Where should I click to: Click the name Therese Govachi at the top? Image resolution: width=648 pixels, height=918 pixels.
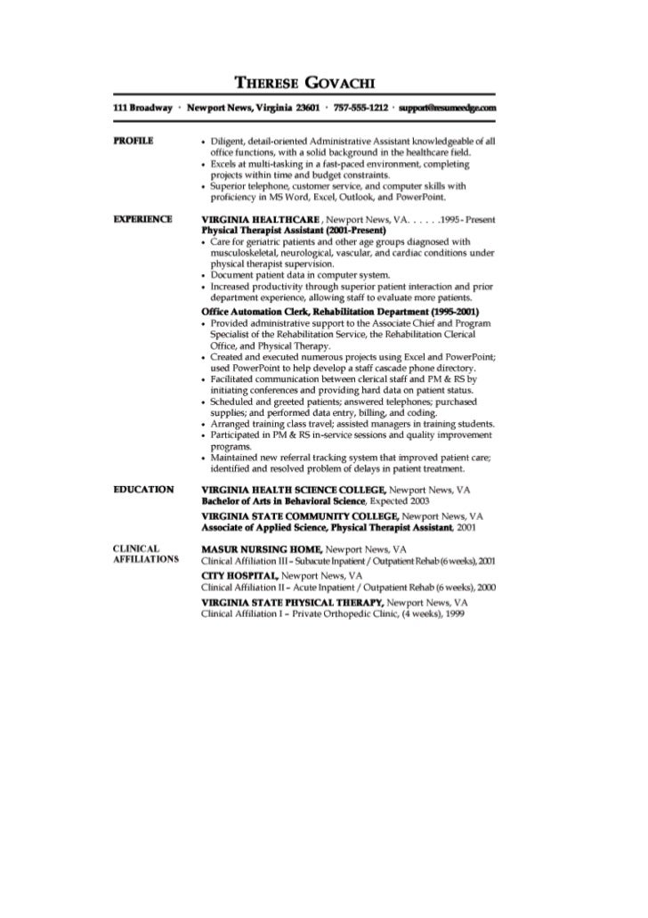pos(304,83)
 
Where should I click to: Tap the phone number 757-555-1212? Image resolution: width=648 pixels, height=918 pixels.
pos(360,108)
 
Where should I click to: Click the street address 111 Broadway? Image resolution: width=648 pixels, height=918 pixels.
pos(143,108)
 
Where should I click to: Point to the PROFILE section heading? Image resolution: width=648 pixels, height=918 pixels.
pos(134,141)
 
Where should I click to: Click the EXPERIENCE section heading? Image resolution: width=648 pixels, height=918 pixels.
pos(142,218)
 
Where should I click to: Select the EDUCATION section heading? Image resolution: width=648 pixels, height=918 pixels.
pos(142,490)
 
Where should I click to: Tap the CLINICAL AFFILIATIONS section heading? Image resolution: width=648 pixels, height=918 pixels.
pos(145,554)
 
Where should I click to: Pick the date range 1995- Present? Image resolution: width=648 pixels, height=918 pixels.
pos(466,218)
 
